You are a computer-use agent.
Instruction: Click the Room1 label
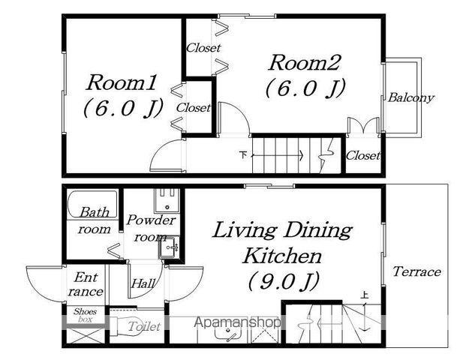click(x=121, y=82)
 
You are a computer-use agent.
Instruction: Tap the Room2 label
click(x=305, y=63)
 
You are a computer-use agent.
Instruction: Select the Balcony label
click(x=411, y=97)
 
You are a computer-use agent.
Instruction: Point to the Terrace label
click(x=416, y=271)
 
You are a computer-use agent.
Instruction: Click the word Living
click(x=244, y=232)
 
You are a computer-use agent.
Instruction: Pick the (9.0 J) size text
click(x=284, y=281)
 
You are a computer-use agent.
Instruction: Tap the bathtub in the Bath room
click(x=92, y=204)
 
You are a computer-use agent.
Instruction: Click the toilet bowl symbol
click(x=127, y=326)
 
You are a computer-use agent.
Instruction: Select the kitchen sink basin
click(x=228, y=333)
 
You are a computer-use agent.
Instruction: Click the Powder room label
click(x=151, y=228)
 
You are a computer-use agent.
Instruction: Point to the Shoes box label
click(x=85, y=315)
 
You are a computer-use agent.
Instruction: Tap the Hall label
click(x=143, y=283)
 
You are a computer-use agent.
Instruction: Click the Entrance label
click(x=86, y=284)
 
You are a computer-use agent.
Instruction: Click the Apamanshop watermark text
click(x=237, y=322)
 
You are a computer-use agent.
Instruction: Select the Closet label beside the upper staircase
click(x=362, y=156)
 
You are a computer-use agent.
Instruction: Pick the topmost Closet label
click(x=203, y=47)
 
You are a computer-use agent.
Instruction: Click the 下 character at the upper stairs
click(x=243, y=155)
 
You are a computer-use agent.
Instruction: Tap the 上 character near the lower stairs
click(x=365, y=295)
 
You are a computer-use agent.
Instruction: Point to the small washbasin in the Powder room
click(x=168, y=247)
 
